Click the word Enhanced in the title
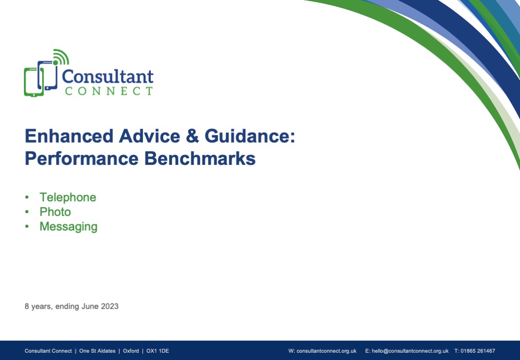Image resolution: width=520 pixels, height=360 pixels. [69, 136]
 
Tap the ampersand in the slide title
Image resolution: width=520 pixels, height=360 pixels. [192, 136]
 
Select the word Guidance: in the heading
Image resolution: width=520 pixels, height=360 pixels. [250, 136]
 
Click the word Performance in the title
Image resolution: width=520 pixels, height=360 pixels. [82, 158]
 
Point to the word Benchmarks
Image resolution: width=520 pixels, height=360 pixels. [200, 158]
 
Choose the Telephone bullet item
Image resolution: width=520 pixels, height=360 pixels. [68, 197]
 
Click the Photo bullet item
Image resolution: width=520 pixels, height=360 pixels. [56, 212]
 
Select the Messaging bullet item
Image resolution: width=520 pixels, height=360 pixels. [69, 227]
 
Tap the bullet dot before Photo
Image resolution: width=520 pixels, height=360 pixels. [27, 212]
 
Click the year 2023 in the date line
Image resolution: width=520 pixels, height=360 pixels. [110, 306]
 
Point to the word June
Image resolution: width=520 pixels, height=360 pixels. [90, 306]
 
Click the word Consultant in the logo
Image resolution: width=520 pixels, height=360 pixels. [108, 76]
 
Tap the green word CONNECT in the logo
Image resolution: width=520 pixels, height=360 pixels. [109, 91]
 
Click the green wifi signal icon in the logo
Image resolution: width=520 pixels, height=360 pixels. [60, 57]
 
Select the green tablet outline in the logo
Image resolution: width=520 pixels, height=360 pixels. [33, 82]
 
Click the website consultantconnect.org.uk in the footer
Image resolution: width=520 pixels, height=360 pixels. [327, 351]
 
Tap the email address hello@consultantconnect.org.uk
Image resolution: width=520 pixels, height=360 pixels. [410, 351]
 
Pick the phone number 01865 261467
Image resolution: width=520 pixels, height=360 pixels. [477, 351]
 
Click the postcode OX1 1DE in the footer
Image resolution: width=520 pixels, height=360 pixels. [158, 351]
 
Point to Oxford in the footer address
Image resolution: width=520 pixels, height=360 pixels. [131, 351]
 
